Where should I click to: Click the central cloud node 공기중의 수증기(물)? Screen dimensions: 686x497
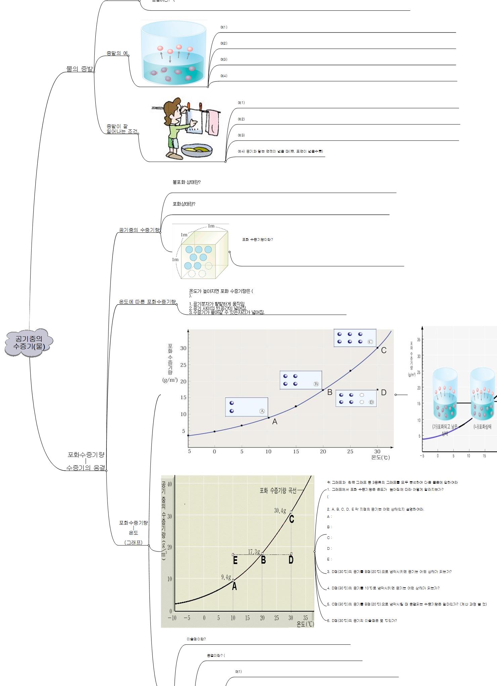coord(29,342)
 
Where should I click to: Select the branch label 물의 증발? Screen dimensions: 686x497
coord(80,69)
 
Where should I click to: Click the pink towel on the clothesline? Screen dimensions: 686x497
coord(212,122)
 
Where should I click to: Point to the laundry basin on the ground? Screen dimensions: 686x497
coord(197,150)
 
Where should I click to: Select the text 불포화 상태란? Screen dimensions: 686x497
coord(186,182)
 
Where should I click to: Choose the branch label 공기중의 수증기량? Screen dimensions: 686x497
coord(139,230)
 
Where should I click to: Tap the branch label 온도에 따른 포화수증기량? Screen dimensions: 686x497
coord(147,302)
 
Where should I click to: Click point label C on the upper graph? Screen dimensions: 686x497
coord(383,350)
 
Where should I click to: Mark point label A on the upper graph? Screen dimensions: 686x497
coord(275,422)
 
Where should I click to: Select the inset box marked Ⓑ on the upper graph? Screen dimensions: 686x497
coord(301,380)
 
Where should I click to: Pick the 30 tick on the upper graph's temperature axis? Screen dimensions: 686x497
coord(377,452)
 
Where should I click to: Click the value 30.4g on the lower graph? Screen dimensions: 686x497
coord(280,511)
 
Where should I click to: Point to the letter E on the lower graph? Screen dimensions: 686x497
coord(235,560)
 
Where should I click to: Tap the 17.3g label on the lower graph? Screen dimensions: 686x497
coord(254,551)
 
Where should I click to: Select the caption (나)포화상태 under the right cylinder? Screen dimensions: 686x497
coord(483,427)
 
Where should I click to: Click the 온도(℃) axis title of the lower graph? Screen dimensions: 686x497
coord(305,624)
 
